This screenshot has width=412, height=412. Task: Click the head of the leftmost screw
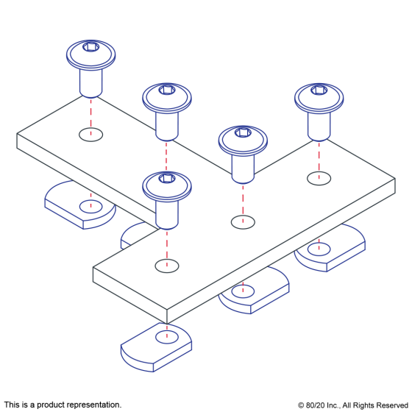click(91, 54)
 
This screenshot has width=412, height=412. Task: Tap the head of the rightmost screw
click(319, 99)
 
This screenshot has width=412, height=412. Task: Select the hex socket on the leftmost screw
click(91, 47)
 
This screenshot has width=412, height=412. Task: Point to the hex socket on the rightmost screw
click(319, 90)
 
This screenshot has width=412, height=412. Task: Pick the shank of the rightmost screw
click(319, 127)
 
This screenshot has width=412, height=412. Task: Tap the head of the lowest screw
click(167, 186)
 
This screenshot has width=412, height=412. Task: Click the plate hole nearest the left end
click(91, 135)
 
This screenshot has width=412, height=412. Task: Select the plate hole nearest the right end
click(319, 178)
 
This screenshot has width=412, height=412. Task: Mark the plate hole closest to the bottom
click(167, 266)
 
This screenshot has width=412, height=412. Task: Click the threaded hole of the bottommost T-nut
click(167, 337)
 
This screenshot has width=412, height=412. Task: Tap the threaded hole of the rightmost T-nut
click(319, 249)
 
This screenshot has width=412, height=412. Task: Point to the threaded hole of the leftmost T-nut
click(91, 207)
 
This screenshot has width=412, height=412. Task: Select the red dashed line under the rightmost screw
click(319, 161)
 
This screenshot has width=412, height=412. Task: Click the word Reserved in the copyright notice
click(392, 405)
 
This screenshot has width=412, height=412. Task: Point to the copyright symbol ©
click(301, 405)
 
